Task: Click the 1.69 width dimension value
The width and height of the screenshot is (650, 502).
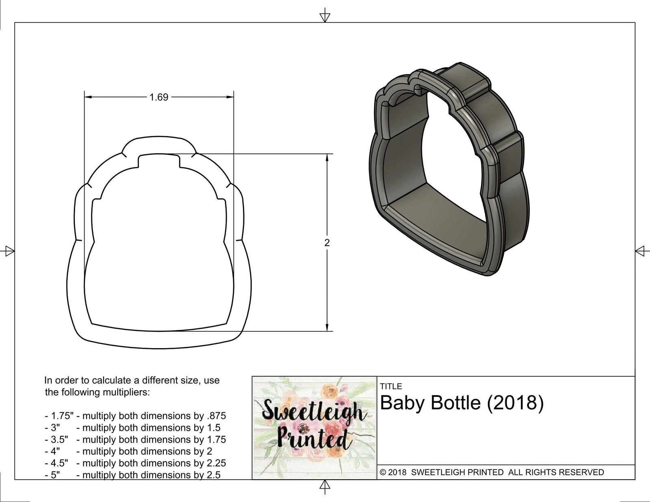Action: point(158,97)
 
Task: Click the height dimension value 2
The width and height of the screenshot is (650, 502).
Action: point(327,243)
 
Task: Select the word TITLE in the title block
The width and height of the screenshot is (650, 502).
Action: point(391,386)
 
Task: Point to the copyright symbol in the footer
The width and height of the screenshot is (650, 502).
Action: point(383,472)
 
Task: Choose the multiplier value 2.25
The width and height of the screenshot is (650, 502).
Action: point(214,463)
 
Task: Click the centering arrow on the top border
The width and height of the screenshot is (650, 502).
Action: point(325,16)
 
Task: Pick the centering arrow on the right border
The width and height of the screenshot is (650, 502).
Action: point(641,251)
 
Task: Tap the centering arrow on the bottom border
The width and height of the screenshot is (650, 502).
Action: point(325,485)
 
